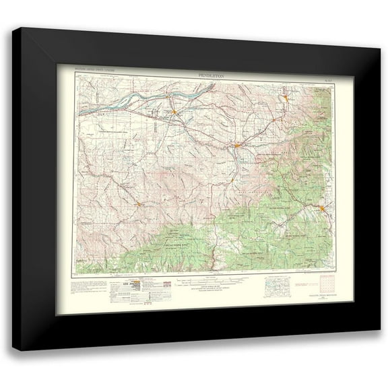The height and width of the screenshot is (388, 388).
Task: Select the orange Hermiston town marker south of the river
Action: (174, 111)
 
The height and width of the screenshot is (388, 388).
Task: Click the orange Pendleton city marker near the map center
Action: (238, 145)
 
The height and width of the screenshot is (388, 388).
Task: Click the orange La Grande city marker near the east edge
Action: (325, 210)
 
